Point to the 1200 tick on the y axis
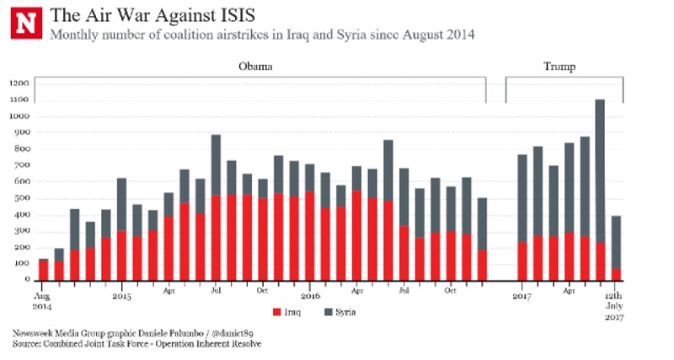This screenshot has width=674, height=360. [20, 83]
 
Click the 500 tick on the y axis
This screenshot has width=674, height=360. [22, 198]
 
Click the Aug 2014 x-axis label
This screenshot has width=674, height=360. [42, 302]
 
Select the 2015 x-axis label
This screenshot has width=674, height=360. [121, 297]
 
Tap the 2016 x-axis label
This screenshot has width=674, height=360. [310, 297]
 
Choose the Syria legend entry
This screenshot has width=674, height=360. [343, 314]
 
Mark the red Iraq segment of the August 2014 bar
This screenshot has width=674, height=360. [44, 271]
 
